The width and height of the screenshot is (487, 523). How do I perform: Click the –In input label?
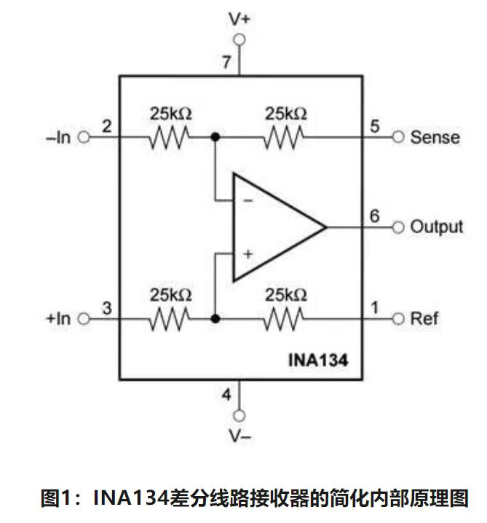[x=58, y=137]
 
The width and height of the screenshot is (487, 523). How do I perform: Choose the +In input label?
[x=58, y=318]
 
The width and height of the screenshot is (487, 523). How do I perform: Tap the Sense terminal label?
[x=435, y=137]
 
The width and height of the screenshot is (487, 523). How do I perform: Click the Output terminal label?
[x=436, y=227]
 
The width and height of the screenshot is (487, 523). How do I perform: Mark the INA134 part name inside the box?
[x=319, y=358]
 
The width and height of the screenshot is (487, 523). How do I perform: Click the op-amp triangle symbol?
[x=273, y=227]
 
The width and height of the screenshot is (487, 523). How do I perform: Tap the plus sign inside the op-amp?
[x=248, y=253]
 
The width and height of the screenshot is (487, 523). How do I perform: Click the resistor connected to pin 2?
[x=170, y=136]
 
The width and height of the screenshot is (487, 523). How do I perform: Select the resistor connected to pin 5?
[x=285, y=136]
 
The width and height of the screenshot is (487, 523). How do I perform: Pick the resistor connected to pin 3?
[x=170, y=318]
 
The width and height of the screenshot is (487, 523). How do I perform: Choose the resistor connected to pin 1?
[x=285, y=318]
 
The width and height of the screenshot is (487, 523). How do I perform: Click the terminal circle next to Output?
[x=397, y=227]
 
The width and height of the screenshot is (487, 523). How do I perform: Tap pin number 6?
[x=374, y=216]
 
